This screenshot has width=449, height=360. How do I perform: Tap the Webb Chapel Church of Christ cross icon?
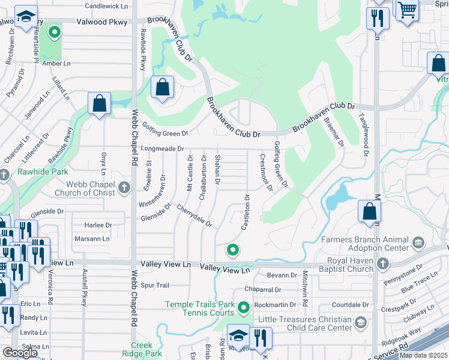[124, 188]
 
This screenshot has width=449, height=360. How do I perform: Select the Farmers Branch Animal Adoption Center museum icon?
[418, 243]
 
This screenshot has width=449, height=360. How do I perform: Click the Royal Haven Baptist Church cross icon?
[382, 263]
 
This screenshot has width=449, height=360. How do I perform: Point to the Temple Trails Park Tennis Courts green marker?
[243, 308]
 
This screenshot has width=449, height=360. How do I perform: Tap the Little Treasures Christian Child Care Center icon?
[360, 323]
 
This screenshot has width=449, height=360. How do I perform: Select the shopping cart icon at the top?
[407, 8]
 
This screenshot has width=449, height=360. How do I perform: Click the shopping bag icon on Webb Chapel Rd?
[99, 103]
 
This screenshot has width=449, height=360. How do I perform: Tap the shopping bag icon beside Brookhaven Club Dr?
[162, 88]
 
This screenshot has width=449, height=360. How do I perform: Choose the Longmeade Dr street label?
[161, 148]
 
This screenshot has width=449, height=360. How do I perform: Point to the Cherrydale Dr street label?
[194, 215]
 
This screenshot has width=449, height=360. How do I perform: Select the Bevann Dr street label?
[282, 275]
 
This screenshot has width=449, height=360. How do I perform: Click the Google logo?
[20, 353]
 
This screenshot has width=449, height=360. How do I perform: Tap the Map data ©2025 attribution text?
[423, 355]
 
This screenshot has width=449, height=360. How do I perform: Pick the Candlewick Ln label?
[107, 6]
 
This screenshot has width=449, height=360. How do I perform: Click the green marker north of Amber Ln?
[55, 32]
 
